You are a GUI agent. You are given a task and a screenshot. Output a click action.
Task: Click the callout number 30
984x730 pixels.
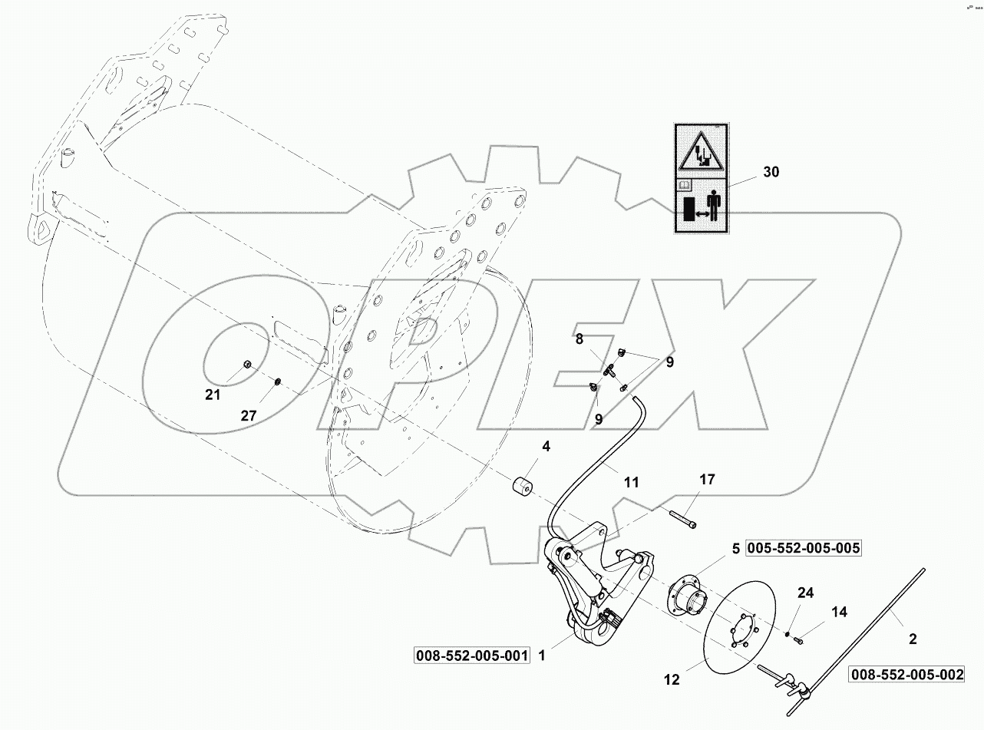coord(771,172)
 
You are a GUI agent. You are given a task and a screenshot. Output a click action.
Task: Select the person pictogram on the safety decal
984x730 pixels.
coord(714,206)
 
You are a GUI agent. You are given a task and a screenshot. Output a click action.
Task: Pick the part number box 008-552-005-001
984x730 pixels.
coord(472,656)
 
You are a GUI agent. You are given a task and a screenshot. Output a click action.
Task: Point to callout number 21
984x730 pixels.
coord(212,395)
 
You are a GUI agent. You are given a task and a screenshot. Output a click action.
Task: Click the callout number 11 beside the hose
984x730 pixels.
coord(630,483)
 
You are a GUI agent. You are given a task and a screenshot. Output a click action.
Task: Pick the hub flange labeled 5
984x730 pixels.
coord(685,597)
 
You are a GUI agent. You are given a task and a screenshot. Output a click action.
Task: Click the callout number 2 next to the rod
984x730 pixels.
coord(913,638)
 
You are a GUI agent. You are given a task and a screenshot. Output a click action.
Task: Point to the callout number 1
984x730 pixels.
coord(542,656)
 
